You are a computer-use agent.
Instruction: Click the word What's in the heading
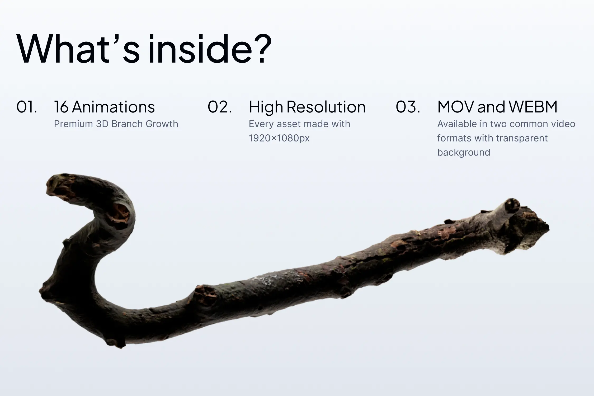(x=78, y=49)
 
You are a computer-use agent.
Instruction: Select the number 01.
(x=27, y=107)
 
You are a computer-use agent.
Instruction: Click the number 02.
(x=220, y=107)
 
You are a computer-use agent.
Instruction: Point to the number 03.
(x=408, y=107)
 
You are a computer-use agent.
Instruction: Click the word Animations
(x=114, y=107)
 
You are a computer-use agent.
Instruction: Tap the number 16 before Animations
(x=61, y=107)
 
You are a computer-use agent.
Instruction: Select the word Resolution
(x=326, y=107)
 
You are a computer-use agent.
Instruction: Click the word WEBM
(x=533, y=107)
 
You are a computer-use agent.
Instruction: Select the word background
(x=464, y=152)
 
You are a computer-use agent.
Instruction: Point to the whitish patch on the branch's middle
(x=267, y=280)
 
